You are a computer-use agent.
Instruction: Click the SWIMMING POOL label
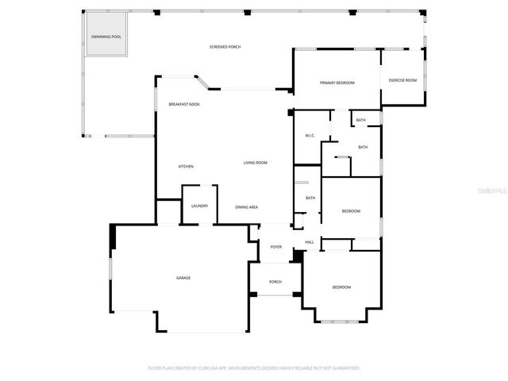(x=106, y=37)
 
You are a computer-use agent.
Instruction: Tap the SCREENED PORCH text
(x=225, y=48)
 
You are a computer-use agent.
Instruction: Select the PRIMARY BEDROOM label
(x=337, y=83)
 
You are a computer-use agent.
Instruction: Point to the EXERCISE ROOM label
(x=402, y=80)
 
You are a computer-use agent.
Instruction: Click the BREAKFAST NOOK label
(x=183, y=105)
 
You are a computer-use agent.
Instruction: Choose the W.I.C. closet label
(x=310, y=136)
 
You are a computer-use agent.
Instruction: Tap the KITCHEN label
(x=186, y=167)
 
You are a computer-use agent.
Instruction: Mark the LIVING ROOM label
(x=255, y=163)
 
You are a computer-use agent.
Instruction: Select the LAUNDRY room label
(x=199, y=206)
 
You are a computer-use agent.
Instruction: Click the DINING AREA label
(x=246, y=207)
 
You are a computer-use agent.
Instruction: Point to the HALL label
(x=310, y=242)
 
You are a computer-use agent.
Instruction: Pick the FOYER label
(x=275, y=247)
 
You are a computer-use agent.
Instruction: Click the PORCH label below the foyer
(x=275, y=282)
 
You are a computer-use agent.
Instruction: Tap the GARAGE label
(x=183, y=278)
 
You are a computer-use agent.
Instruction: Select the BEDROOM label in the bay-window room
(x=341, y=287)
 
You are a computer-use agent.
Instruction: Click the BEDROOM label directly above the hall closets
(x=351, y=211)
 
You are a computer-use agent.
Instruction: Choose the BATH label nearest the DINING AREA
(x=310, y=198)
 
